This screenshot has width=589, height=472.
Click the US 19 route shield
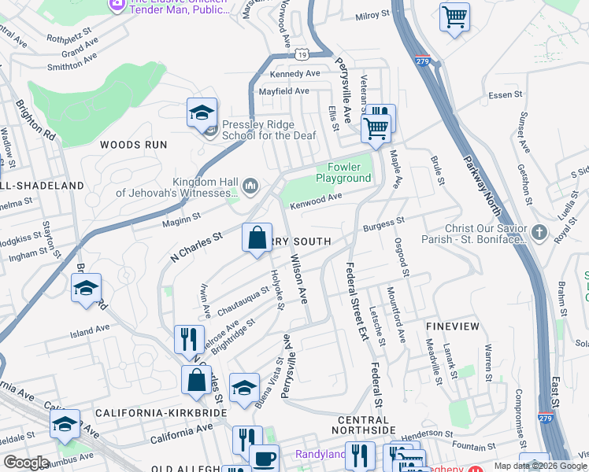click(x=302, y=54)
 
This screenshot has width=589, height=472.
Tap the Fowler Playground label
click(x=343, y=172)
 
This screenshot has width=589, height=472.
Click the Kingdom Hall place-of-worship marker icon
click(x=251, y=186)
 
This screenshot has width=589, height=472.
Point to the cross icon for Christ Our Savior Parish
click(x=539, y=232)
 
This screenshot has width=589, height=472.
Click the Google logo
click(x=25, y=463)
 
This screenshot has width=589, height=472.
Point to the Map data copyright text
click(x=539, y=466)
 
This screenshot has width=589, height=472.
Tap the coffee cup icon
click(x=264, y=457)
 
